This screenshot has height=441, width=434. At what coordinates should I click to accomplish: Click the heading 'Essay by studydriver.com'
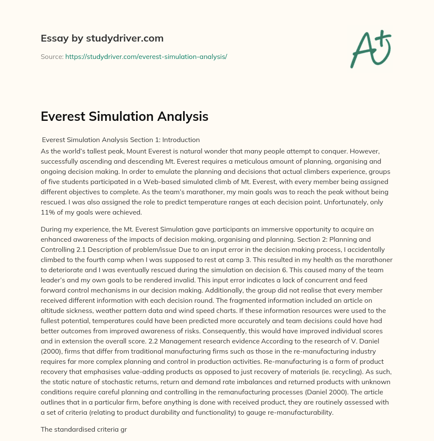[x=102, y=39]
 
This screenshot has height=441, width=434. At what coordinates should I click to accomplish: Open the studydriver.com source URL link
[x=146, y=56]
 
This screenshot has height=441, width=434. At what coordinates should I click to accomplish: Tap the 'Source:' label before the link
[x=52, y=56]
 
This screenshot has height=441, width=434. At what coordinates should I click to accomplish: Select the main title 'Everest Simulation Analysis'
[x=124, y=117]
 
